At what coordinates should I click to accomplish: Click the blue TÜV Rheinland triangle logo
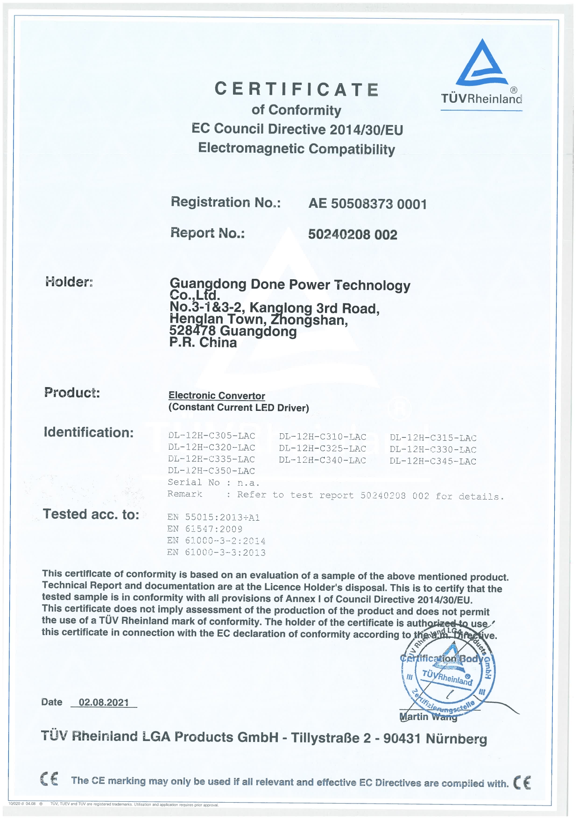(x=482, y=64)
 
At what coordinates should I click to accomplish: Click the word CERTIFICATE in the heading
(x=297, y=89)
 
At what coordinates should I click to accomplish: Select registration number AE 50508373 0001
(x=367, y=204)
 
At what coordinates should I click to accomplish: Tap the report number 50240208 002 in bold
(x=353, y=234)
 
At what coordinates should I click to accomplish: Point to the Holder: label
(x=69, y=282)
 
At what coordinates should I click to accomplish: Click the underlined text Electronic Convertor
(x=217, y=395)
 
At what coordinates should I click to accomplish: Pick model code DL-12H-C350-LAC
(x=212, y=471)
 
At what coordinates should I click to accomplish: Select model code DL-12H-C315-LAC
(x=433, y=438)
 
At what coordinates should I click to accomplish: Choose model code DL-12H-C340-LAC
(x=322, y=460)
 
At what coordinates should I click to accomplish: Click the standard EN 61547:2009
(x=205, y=529)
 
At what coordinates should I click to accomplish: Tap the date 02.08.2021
(x=104, y=702)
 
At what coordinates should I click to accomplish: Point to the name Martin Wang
(x=428, y=717)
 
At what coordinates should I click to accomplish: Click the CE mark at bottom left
(x=49, y=779)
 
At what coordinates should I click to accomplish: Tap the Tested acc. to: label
(x=91, y=514)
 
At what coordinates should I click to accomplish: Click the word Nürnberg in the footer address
(x=456, y=739)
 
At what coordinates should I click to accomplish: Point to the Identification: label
(x=89, y=432)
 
